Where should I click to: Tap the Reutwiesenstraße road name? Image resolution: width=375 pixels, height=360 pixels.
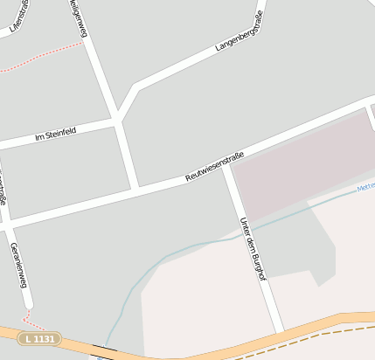tap(214, 167)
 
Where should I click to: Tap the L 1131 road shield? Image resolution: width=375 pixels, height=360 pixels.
tap(40, 337)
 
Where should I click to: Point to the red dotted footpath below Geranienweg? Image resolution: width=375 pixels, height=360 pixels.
tap(29, 318)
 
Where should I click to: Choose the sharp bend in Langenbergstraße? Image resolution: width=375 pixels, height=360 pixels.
tap(135, 88)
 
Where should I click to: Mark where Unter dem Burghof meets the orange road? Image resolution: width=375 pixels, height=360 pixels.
tap(280, 332)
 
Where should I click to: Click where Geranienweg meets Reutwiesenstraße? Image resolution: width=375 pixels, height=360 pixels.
tap(7, 225)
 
